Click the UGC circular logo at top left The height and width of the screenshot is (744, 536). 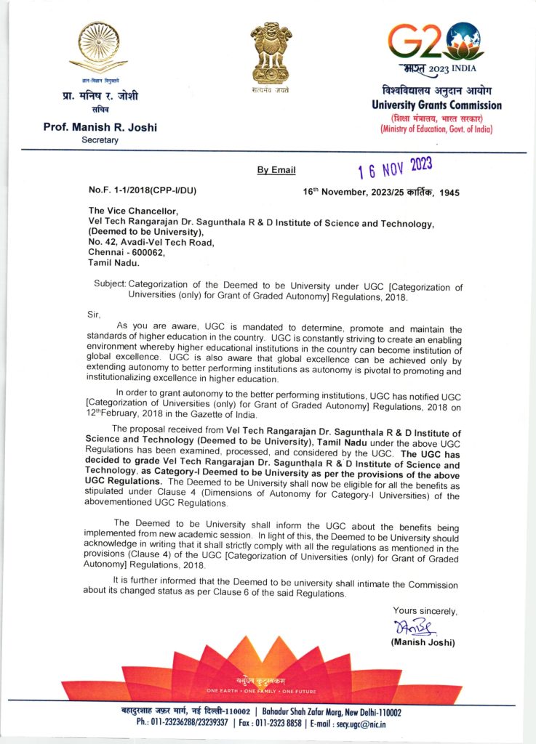[100, 46]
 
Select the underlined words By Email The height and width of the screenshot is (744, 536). [276, 170]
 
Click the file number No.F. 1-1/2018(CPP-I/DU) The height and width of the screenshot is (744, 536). [143, 191]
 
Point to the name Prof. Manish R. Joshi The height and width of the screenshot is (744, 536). [100, 128]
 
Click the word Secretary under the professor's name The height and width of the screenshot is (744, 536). [100, 140]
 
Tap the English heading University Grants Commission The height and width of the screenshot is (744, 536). [436, 105]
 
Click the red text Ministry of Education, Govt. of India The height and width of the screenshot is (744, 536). [436, 129]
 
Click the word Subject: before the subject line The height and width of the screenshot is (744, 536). [111, 286]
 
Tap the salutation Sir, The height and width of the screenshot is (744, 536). [95, 315]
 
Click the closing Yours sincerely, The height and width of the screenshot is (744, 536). [425, 611]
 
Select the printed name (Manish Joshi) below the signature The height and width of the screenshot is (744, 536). [423, 642]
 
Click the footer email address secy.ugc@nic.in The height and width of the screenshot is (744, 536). [359, 724]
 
